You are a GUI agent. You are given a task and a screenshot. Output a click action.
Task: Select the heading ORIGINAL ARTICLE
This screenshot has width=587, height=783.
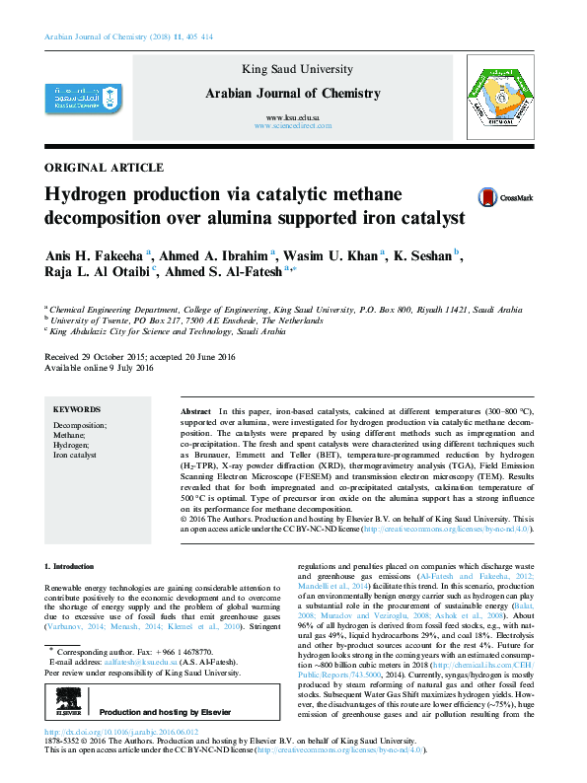point(105,168)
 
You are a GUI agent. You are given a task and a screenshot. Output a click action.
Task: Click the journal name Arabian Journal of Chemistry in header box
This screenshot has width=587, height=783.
point(292,94)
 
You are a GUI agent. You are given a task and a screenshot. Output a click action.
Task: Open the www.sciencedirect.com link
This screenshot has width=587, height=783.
point(291,127)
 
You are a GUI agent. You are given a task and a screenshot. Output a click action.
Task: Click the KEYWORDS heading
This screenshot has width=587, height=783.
point(76,408)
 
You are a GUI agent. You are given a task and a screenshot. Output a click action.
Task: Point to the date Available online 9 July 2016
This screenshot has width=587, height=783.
point(100,369)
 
